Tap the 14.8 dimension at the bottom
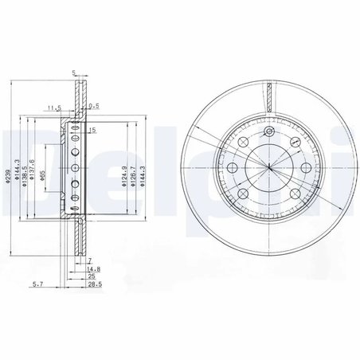tap(94, 269)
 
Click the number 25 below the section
tap(93, 276)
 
